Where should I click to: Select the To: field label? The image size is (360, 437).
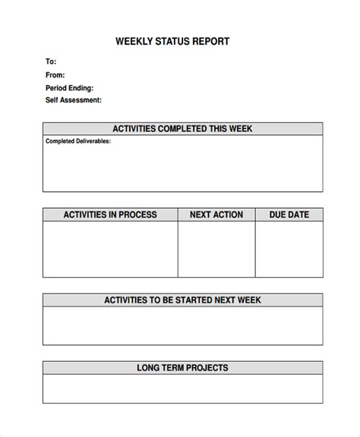tap(51, 61)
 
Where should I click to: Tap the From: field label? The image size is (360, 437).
tap(55, 74)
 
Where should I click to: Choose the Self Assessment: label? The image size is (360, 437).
tap(74, 100)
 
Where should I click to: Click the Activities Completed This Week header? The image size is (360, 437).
tap(182, 129)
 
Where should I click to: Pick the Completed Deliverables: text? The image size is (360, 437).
tap(78, 141)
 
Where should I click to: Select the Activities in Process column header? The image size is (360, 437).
tap(110, 215)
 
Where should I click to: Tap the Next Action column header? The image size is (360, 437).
tap(216, 215)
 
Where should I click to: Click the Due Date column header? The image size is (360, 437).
tap(289, 215)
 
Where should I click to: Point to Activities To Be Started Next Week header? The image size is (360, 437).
tap(182, 300)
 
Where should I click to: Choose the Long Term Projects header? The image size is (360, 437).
tap(182, 369)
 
